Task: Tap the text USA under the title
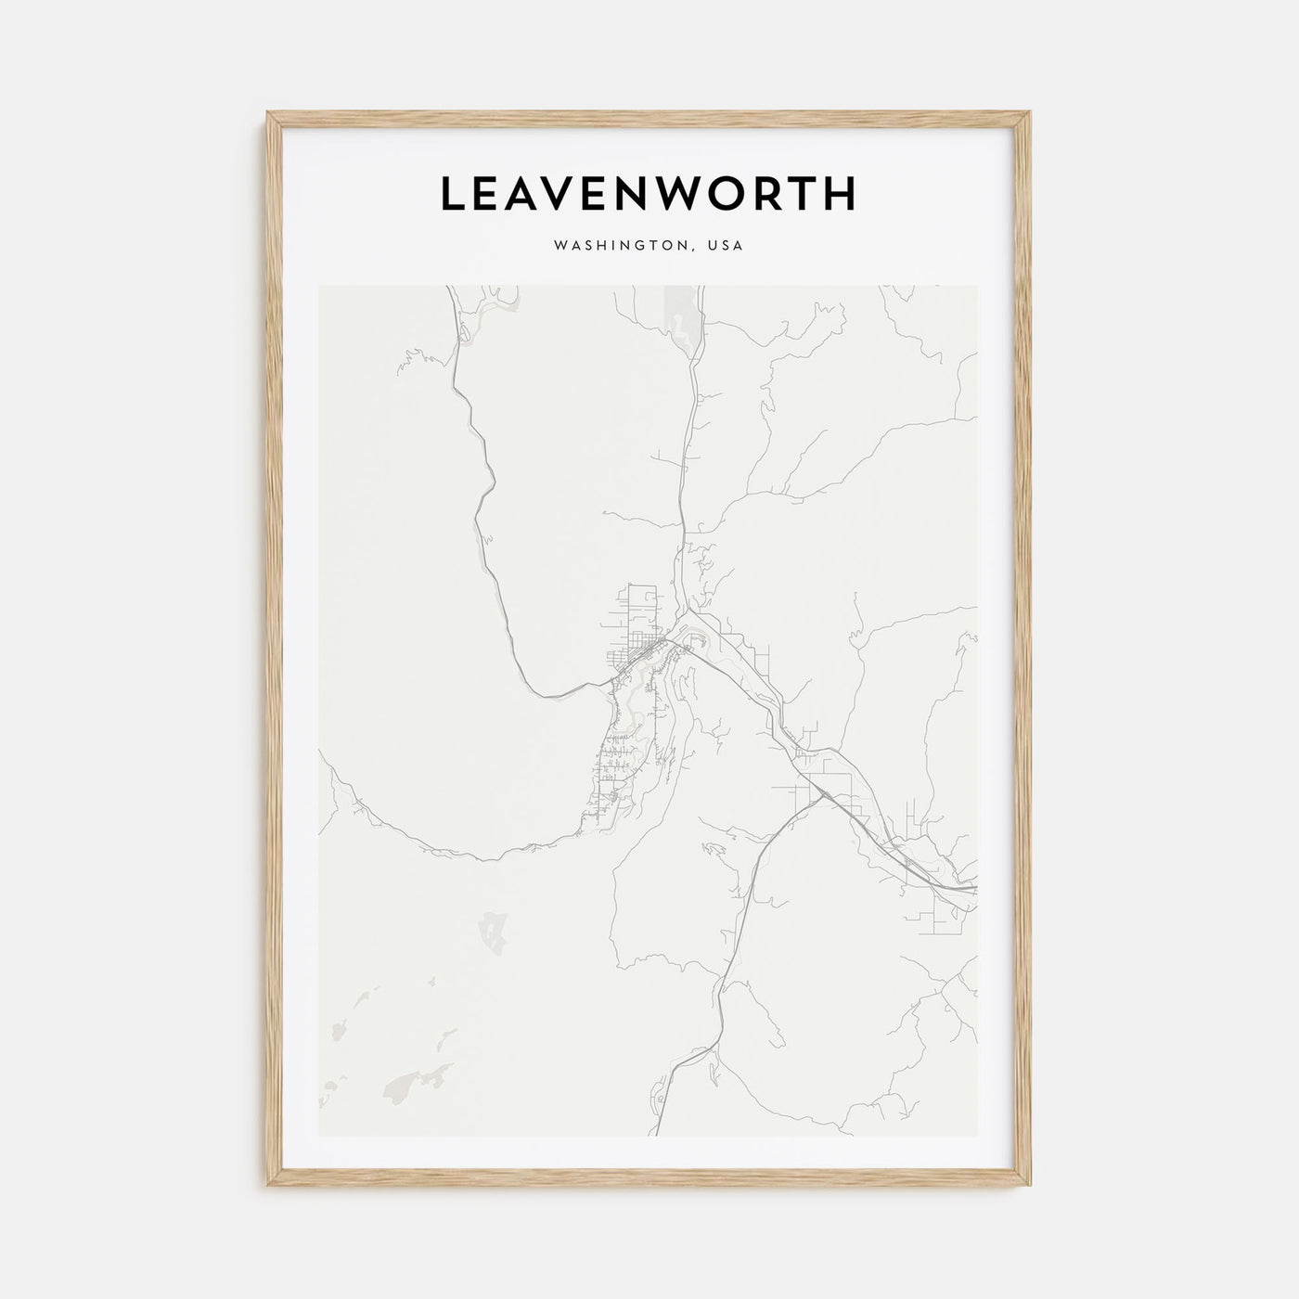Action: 726,247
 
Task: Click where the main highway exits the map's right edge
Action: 974,889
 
